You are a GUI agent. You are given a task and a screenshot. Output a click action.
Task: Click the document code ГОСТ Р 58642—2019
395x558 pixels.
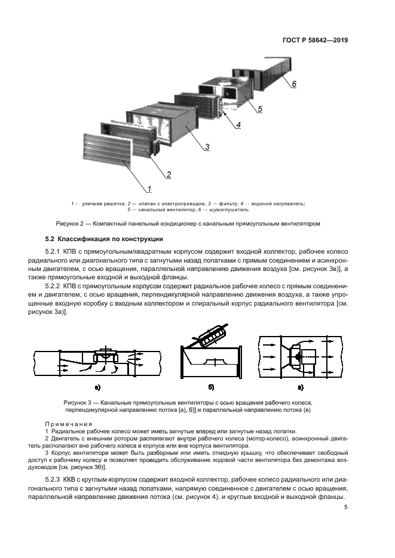(314, 41)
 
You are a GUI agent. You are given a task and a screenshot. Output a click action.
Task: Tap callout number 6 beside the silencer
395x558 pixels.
(293, 84)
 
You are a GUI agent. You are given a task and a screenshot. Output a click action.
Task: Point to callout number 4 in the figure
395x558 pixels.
(238, 125)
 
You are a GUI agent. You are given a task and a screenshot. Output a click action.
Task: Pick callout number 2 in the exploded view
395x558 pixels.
(169, 174)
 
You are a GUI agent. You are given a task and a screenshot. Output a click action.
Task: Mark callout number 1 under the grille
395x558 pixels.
(149, 189)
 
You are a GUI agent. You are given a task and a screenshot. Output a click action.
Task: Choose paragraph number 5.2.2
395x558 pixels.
(53, 286)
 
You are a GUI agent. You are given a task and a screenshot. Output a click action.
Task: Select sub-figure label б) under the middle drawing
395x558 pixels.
(209, 387)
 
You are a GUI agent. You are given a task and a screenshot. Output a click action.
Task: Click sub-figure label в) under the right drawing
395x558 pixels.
(300, 387)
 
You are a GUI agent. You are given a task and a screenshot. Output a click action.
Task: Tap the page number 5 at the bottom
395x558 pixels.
(345, 508)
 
